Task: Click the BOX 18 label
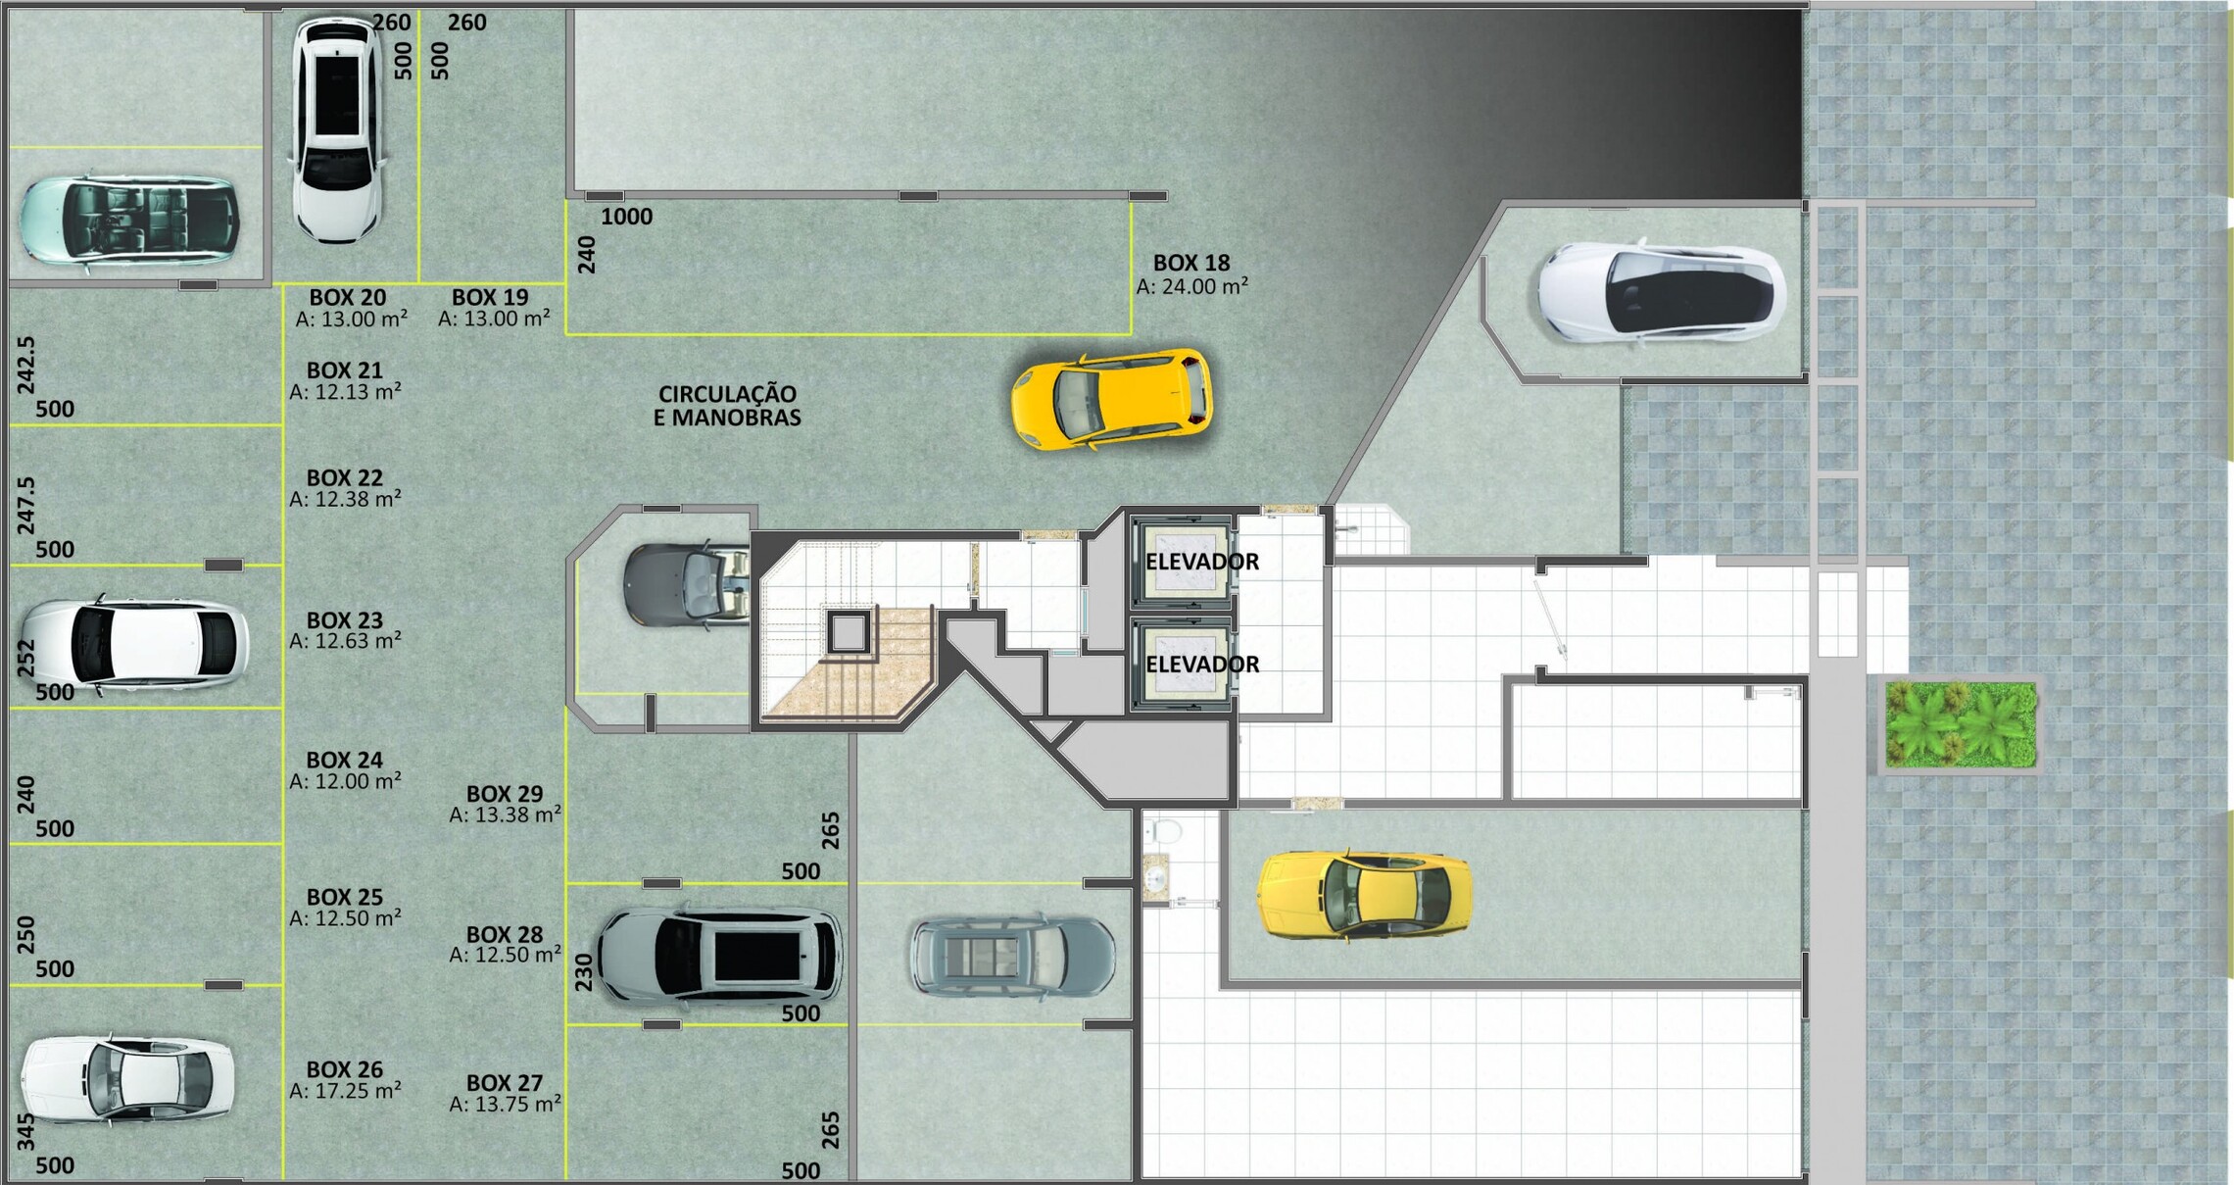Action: [x=1190, y=263]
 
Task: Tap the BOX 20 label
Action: [x=348, y=297]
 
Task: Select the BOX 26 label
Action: [x=344, y=1069]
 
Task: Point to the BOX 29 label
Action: [x=504, y=794]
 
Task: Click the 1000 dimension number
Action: [x=626, y=217]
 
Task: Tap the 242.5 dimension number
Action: [x=26, y=365]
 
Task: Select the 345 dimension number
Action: [x=26, y=1132]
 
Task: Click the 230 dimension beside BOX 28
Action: [x=584, y=972]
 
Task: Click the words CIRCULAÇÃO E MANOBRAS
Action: [x=727, y=406]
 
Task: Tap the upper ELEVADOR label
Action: [x=1202, y=562]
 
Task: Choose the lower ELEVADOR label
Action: [x=1202, y=665]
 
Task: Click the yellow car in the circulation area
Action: [x=1112, y=399]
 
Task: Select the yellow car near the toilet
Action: [x=1363, y=895]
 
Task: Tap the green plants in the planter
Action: [x=1962, y=725]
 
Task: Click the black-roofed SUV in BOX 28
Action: [x=719, y=957]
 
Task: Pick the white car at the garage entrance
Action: [x=1662, y=293]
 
